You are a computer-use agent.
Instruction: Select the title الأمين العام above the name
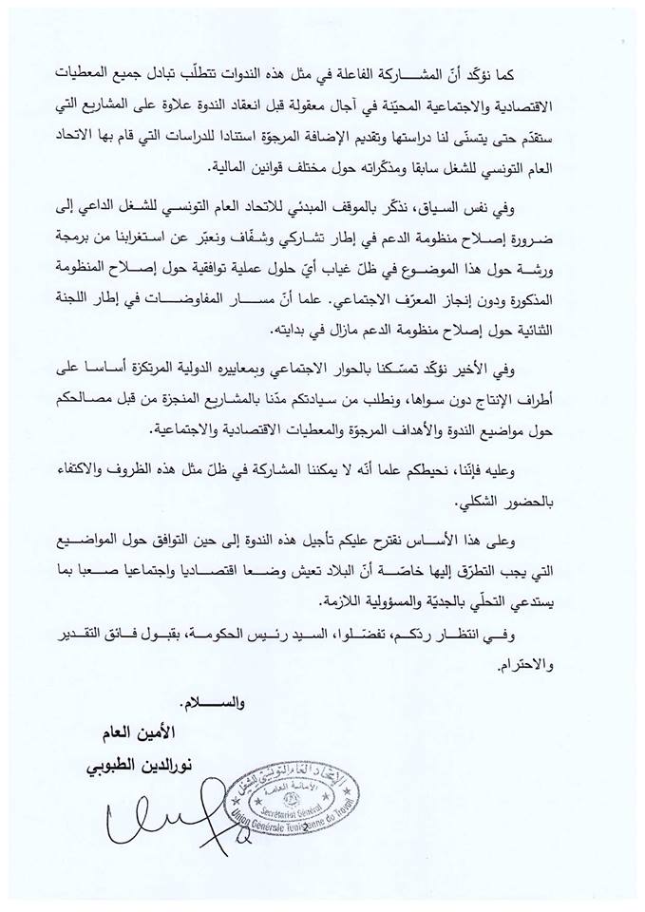(198, 736)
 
